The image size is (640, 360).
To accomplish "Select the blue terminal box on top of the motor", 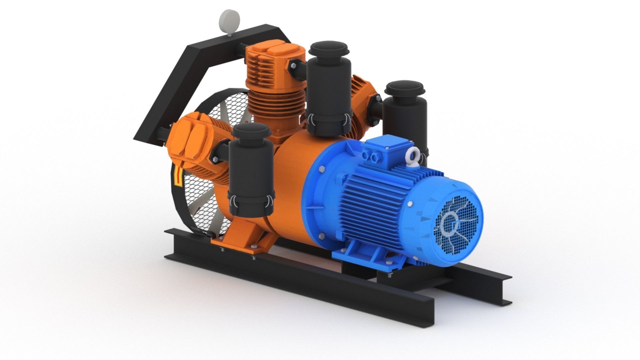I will tap(387, 150).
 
